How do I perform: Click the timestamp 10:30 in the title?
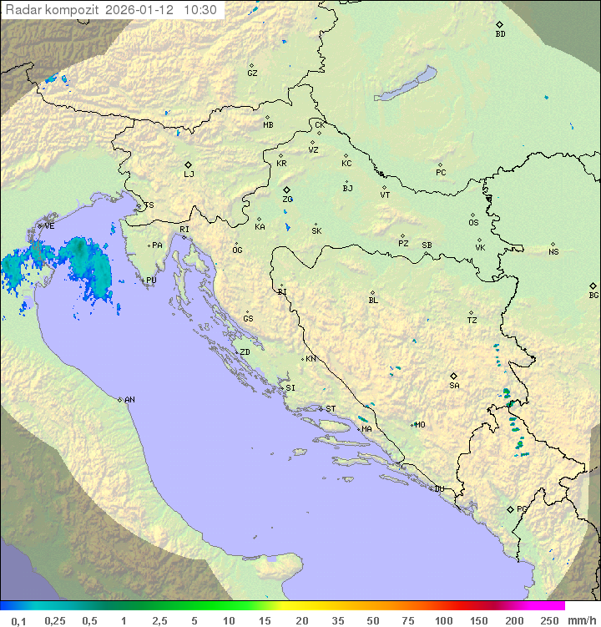click(200, 10)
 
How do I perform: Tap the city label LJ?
click(189, 174)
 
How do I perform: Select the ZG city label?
click(287, 200)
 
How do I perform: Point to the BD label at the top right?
click(500, 34)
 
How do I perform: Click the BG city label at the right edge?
click(593, 295)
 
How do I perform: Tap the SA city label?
click(454, 386)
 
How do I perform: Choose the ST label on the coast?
click(331, 409)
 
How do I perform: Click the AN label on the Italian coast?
click(129, 400)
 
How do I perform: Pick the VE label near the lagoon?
click(49, 226)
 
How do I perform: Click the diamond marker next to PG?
click(510, 509)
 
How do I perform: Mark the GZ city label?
click(252, 73)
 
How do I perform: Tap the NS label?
click(553, 252)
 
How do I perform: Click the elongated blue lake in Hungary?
click(406, 84)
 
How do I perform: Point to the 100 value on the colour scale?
click(443, 620)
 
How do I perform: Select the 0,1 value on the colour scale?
click(19, 620)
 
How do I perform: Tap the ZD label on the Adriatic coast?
click(245, 352)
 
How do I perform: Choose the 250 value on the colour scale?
click(549, 620)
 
